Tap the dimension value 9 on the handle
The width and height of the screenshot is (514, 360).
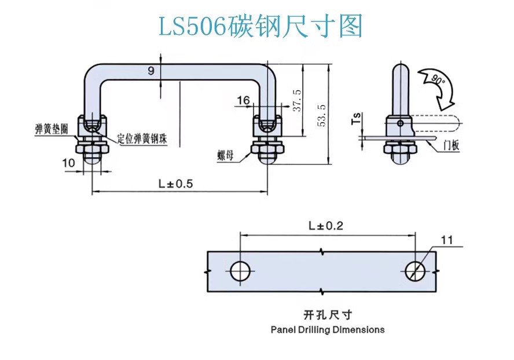tap(150, 71)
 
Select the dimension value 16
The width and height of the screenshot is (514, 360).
tap(243, 101)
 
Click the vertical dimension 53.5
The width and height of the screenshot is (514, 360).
tap(323, 115)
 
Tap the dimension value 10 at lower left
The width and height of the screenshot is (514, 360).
tap(68, 163)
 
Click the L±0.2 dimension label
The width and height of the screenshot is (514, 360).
tap(326, 226)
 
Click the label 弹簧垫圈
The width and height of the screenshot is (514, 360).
tap(51, 129)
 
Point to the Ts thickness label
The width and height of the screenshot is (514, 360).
tap(358, 119)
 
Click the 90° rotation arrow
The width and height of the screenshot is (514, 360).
tap(440, 87)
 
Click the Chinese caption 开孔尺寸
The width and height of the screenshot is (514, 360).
tap(327, 315)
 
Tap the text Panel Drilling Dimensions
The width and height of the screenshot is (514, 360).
tap(327, 329)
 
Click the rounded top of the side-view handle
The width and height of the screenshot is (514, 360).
tap(400, 69)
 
